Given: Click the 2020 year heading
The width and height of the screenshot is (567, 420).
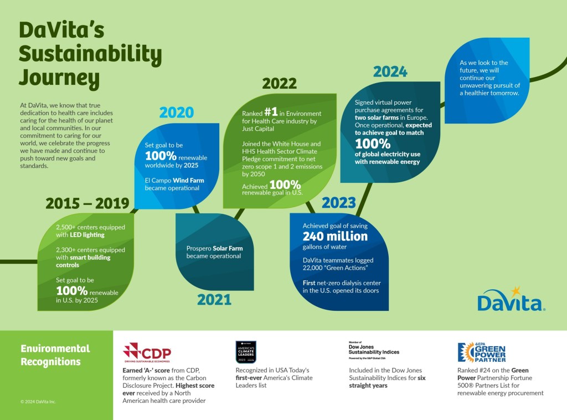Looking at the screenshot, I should click(177, 113).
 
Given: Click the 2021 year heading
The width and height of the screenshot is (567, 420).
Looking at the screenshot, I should click(214, 300).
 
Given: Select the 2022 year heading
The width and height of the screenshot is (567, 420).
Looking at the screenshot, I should click(279, 84).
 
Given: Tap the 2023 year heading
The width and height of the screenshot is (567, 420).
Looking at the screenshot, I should click(338, 203).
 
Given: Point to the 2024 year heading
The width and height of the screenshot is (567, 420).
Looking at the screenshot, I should click(390, 71).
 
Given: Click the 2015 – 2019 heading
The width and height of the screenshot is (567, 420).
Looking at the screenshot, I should click(87, 203).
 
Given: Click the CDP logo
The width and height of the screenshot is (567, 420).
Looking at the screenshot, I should click(147, 352).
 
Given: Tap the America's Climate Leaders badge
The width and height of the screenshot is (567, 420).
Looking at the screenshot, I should click(246, 352).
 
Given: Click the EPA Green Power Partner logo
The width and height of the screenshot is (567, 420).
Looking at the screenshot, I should click(481, 352).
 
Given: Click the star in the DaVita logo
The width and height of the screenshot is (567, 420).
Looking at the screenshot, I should click(516, 290).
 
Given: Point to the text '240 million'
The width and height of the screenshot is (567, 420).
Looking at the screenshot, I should click(335, 237).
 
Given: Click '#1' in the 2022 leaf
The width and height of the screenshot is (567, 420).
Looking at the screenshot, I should click(271, 112).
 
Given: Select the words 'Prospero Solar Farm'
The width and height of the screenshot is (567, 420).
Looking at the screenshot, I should click(214, 248).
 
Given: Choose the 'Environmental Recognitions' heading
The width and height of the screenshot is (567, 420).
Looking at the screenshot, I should click(55, 355).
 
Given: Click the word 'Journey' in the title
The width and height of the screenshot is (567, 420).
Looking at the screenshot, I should click(59, 78).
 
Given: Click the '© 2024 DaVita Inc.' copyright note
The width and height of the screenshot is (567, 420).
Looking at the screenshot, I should click(38, 402).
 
